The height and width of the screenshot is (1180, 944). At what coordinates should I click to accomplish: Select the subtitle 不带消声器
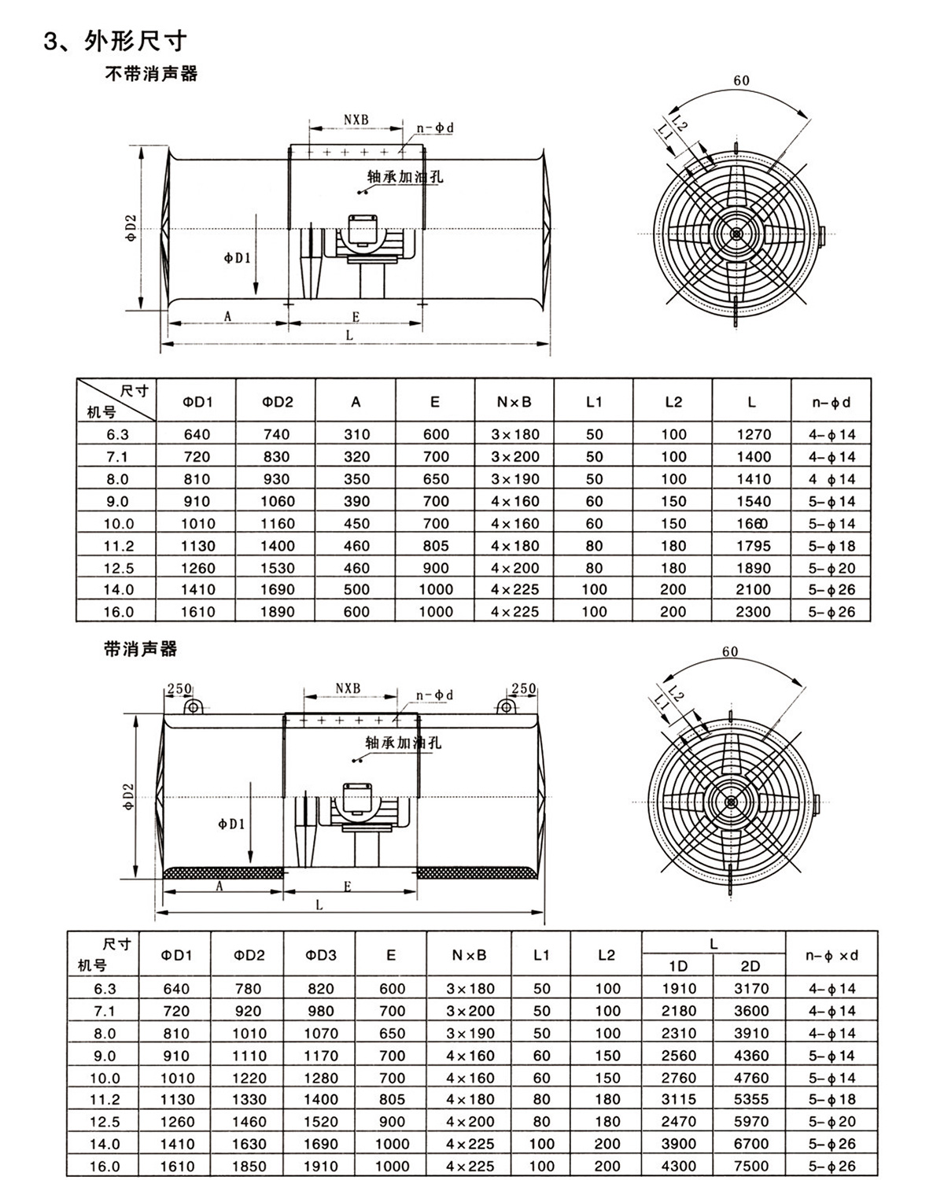(151, 75)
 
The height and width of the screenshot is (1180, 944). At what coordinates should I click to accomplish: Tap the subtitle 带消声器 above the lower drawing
(141, 649)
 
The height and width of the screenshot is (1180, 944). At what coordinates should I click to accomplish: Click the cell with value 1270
(752, 434)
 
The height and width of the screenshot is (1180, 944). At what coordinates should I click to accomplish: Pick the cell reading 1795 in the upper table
(752, 546)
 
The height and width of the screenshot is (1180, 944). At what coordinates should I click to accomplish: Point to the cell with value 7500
(750, 1167)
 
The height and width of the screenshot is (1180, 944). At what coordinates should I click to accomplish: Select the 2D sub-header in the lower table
(750, 966)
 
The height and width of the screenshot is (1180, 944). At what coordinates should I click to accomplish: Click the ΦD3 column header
(320, 955)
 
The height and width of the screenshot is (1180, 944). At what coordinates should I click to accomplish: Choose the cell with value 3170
(750, 989)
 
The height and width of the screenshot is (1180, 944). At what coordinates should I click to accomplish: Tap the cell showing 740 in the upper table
(277, 434)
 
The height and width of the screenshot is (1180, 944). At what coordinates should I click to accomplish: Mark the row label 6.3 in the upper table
(116, 434)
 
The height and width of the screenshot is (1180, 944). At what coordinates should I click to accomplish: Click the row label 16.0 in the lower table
(105, 1167)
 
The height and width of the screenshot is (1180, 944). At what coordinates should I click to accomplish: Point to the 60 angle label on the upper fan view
(741, 80)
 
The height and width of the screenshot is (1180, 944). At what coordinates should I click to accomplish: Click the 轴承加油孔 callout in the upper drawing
(404, 177)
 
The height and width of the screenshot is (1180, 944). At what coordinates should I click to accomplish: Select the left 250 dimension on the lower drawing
(179, 688)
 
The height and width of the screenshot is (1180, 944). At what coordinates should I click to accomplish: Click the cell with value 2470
(678, 1122)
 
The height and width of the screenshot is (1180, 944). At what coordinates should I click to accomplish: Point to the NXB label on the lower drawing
(347, 688)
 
